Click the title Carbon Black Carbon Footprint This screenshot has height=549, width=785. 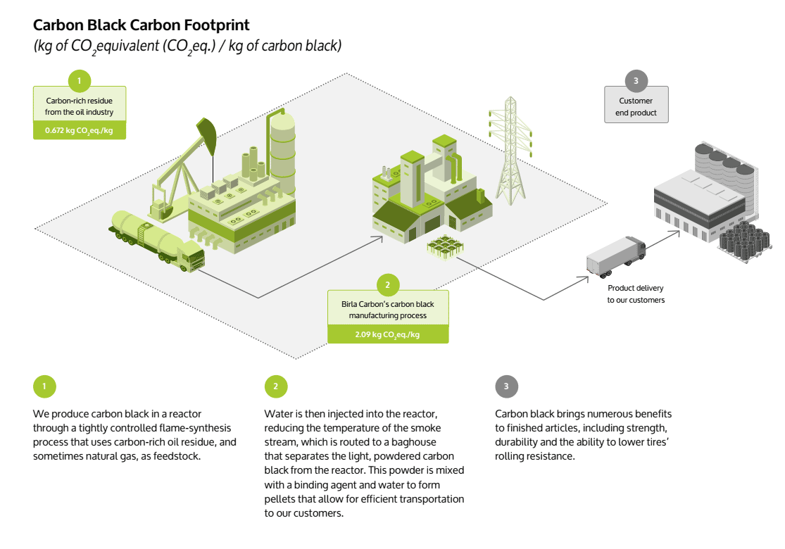click(x=141, y=25)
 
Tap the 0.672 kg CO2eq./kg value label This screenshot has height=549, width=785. click(x=79, y=130)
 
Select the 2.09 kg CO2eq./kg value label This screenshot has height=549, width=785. click(x=387, y=334)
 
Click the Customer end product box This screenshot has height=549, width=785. click(x=636, y=107)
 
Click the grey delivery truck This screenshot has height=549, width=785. click(x=616, y=255)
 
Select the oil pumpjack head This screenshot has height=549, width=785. click(x=207, y=131)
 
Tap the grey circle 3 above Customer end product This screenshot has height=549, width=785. click(x=636, y=81)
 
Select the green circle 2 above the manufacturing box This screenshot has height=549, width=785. click(x=387, y=285)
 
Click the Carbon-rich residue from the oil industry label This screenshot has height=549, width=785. click(x=79, y=107)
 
